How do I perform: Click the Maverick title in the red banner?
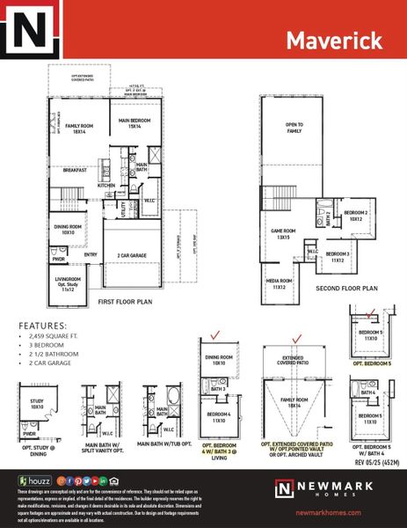(333, 40)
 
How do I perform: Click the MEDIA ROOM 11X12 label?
(280, 284)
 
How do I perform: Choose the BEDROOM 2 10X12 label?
(355, 216)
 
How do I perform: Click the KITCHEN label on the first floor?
(106, 186)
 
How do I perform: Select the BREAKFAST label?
(75, 171)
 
